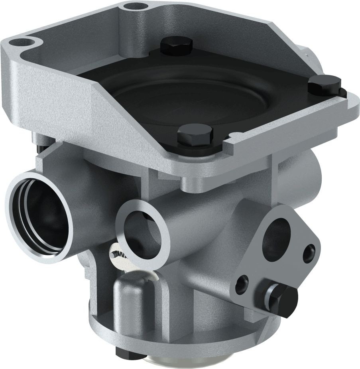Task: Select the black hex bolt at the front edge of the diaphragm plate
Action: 194,134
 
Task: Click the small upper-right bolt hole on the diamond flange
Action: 308,253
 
